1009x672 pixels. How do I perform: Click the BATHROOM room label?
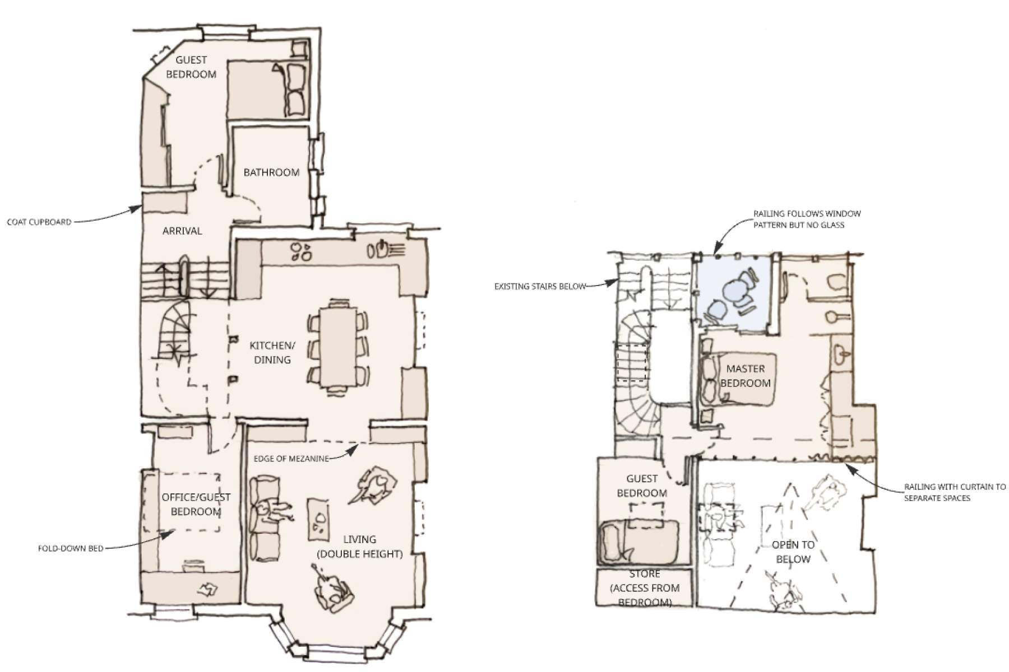[x=271, y=172]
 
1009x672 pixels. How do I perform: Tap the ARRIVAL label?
[x=182, y=231]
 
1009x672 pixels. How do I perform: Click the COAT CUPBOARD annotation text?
[x=39, y=222]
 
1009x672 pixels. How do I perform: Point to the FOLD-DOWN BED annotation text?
[x=71, y=548]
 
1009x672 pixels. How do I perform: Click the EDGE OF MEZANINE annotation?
[x=291, y=459]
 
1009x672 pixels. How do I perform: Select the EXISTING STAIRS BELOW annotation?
[x=540, y=286]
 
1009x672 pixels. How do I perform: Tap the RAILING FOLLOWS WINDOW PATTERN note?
[x=807, y=219]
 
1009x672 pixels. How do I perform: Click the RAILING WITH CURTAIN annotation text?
[x=955, y=492]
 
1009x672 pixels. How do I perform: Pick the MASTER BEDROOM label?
[x=746, y=376]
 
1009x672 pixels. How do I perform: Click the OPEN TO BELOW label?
[x=793, y=552]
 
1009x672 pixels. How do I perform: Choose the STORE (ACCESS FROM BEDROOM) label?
[x=645, y=588]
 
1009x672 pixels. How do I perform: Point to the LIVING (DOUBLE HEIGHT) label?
[x=360, y=547]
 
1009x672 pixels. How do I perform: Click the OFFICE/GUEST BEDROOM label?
[x=196, y=504]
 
